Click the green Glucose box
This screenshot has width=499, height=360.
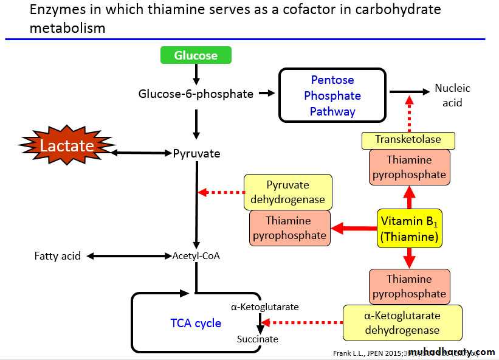[x=196, y=55]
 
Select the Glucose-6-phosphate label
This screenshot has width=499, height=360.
[x=196, y=94]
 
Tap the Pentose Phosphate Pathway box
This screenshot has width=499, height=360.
[x=332, y=95]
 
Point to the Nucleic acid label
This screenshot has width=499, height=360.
[x=452, y=95]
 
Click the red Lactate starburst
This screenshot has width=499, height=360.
[x=66, y=146]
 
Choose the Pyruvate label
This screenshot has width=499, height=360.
[x=196, y=153]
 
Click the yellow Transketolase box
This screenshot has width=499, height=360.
[x=408, y=140]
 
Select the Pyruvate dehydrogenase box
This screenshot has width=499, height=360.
[x=288, y=192]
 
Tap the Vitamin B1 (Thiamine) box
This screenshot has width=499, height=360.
[x=409, y=228]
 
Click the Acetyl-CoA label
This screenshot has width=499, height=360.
[x=196, y=256]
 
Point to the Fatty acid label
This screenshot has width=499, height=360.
[x=57, y=256]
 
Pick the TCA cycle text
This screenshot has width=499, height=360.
[x=196, y=323]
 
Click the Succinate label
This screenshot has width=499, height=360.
[x=258, y=339]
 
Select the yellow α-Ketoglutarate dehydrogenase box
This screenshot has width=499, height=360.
[x=402, y=323]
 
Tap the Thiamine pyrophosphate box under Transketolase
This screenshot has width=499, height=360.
[x=409, y=167]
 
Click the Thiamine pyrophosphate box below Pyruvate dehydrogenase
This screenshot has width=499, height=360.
[x=288, y=228]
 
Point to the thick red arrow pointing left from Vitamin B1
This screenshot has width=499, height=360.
[x=354, y=229]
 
